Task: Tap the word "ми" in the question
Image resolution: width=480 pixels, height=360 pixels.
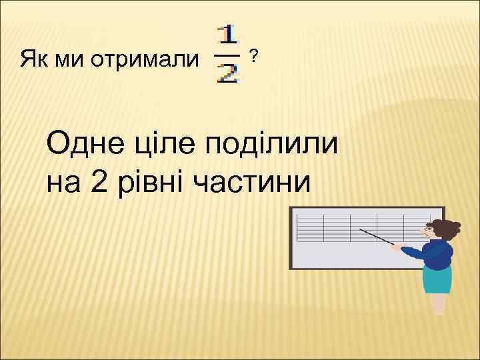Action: pos(67,61)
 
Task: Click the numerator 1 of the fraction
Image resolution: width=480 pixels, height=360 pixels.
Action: pos(229,36)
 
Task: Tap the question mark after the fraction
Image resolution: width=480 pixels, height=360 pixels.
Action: pos(253,56)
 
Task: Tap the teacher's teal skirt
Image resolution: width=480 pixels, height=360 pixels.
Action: pos(437,281)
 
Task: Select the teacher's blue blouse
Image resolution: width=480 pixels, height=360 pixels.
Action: pos(436,256)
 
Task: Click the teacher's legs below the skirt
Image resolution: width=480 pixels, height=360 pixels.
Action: pos(439,305)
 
